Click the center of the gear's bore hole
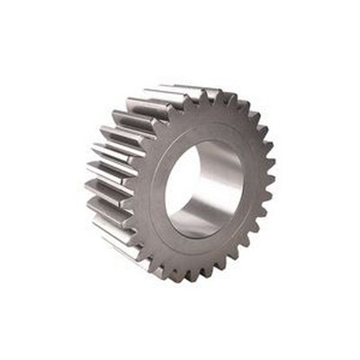(204, 188)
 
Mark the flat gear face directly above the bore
(211, 121)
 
